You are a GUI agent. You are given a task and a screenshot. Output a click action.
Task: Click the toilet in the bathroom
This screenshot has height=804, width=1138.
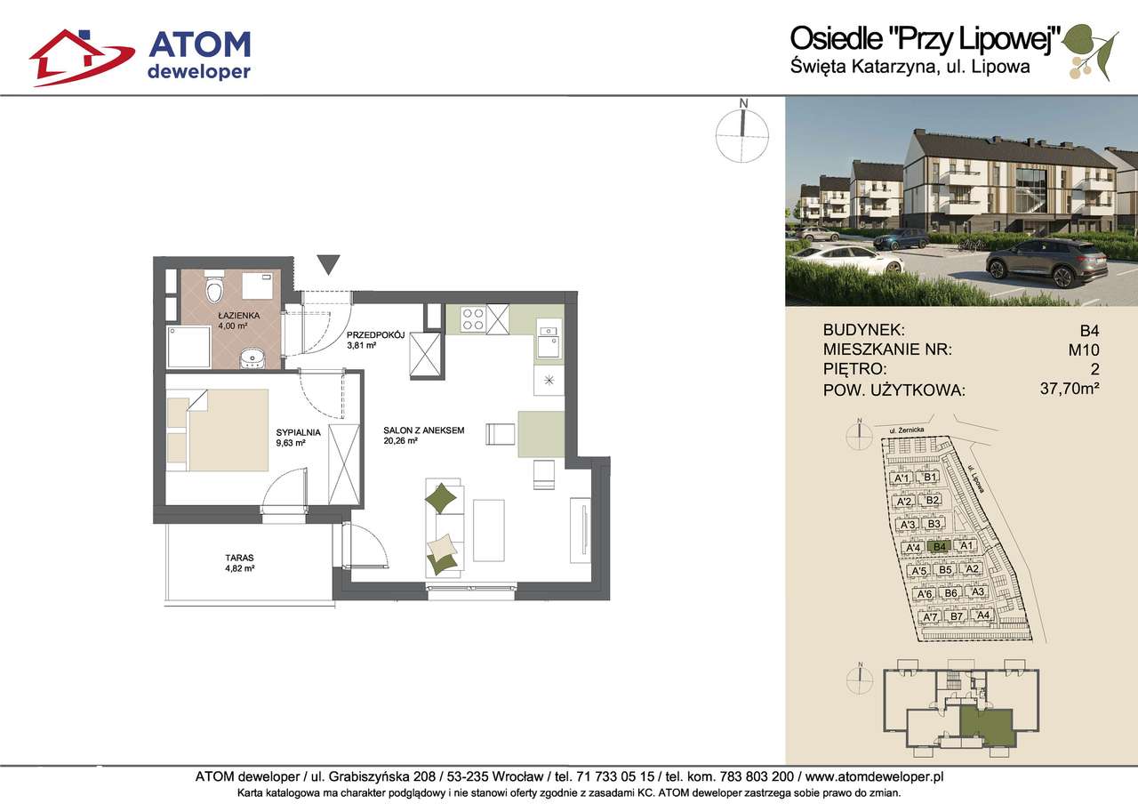point(214,289)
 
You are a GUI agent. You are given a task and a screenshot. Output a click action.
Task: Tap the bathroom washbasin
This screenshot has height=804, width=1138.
point(252,358)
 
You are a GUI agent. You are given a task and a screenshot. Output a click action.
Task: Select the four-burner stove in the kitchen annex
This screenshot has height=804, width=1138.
point(473,319)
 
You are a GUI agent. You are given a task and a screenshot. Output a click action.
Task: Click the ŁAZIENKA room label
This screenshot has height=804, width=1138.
point(239,316)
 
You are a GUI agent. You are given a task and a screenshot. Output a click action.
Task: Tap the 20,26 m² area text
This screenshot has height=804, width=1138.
point(400,440)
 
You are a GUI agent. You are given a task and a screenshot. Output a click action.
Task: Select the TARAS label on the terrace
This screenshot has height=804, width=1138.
point(239,558)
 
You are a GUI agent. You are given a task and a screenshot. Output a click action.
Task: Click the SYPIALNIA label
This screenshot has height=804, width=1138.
point(298,432)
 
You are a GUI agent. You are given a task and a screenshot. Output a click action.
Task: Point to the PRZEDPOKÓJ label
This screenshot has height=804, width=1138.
point(375,335)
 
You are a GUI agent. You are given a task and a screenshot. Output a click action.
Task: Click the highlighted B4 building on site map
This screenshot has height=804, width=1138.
point(940,547)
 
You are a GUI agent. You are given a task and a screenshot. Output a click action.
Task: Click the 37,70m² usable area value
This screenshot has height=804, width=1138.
point(1070,389)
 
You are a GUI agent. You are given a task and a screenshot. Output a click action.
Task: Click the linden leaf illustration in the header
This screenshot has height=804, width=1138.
point(1089,51)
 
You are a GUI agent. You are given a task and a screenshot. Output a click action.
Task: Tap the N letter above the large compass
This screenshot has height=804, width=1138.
point(744,104)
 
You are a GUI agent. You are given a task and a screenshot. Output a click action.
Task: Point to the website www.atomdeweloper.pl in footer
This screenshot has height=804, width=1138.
point(874,776)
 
